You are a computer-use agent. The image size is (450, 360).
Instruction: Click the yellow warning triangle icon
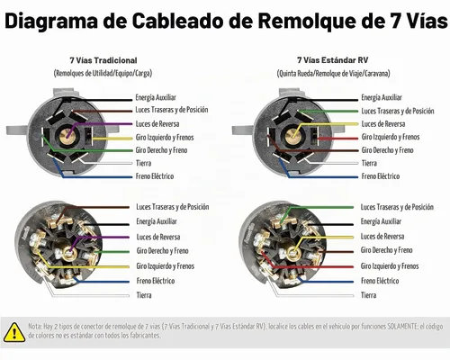[x=14, y=332]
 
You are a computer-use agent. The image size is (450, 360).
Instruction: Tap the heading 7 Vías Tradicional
[x=103, y=60]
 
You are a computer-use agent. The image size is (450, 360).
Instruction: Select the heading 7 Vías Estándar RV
[x=332, y=60]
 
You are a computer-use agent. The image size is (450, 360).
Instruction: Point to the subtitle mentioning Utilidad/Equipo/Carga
[x=103, y=73]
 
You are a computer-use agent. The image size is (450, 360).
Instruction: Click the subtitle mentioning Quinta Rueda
[x=333, y=73]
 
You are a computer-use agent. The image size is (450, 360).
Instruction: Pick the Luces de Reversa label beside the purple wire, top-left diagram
[x=157, y=124]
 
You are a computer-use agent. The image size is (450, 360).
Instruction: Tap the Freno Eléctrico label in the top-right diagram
[x=381, y=176]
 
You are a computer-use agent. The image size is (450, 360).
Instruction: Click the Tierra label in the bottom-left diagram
[x=144, y=295]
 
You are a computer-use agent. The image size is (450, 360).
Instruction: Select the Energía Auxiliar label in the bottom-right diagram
[x=381, y=221]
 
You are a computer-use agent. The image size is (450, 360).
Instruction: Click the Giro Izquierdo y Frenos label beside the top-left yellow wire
[x=165, y=138]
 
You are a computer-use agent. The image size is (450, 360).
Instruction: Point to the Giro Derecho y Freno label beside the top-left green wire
[x=161, y=150]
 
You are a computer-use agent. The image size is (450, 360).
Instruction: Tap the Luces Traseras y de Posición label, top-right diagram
[x=398, y=111]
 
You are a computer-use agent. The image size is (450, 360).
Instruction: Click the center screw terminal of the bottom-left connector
[x=69, y=253]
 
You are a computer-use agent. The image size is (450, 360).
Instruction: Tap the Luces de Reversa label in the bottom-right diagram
[x=382, y=237]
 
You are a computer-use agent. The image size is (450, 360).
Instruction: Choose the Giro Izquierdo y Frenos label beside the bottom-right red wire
[x=390, y=265]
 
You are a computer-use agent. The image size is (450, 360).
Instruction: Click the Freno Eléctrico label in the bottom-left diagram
[x=156, y=281]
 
